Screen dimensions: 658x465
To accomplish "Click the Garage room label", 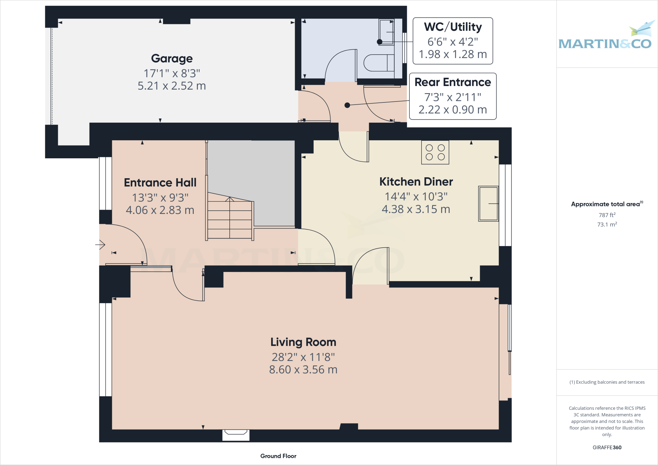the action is (x=172, y=58).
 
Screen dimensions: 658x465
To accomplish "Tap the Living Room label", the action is (x=303, y=342).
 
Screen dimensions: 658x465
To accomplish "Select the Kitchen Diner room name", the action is (x=416, y=182).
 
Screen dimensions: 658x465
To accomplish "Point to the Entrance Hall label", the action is (x=160, y=183).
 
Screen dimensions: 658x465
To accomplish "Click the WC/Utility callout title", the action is (x=453, y=27).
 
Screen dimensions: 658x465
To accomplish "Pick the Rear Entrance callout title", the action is (x=453, y=82).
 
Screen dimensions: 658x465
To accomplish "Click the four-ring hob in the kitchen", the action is (x=435, y=152).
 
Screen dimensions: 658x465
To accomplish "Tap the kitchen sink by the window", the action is (x=488, y=204).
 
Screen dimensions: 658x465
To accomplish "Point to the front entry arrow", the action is (x=100, y=245).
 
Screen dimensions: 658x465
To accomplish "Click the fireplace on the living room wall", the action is (x=236, y=435).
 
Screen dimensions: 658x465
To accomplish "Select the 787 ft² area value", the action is (x=607, y=215).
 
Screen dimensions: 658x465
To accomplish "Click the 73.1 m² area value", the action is (x=607, y=224).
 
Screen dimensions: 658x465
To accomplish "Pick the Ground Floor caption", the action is (x=278, y=456).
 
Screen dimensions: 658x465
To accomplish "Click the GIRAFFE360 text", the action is (x=607, y=447).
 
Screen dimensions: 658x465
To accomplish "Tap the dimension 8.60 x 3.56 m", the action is (x=303, y=370).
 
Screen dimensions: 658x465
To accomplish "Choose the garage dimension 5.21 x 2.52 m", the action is (x=172, y=86).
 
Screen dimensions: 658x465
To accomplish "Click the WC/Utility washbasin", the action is (x=386, y=32).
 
